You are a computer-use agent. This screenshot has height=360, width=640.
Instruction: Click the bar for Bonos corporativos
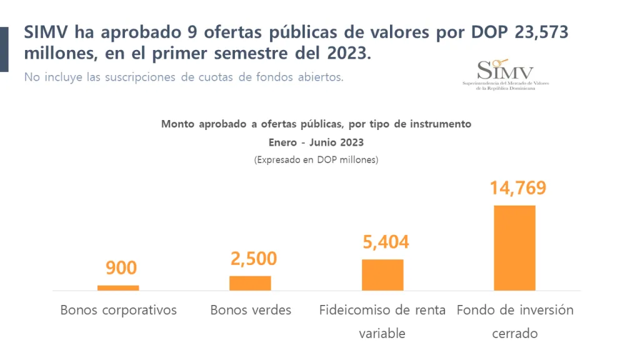click(118, 287)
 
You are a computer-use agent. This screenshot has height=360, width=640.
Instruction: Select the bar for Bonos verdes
click(250, 283)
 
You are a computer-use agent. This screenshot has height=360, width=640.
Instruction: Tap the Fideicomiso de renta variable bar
click(382, 274)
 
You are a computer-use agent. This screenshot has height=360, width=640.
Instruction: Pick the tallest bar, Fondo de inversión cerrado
click(514, 247)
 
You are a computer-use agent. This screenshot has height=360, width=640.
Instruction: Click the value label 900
click(121, 268)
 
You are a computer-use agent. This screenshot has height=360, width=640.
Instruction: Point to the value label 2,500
click(253, 258)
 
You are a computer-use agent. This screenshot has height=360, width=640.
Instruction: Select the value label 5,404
click(386, 242)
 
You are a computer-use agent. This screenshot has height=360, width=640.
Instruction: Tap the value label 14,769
click(517, 187)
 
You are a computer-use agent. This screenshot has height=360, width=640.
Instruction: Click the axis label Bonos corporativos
click(119, 310)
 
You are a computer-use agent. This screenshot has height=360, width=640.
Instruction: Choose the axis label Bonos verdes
click(251, 310)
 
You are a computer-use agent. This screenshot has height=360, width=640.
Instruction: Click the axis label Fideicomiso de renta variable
click(382, 321)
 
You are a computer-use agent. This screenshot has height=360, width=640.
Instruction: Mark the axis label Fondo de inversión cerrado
click(515, 321)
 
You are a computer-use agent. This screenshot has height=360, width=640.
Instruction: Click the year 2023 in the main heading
click(346, 54)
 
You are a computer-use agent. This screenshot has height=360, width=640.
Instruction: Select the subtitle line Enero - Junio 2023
click(316, 142)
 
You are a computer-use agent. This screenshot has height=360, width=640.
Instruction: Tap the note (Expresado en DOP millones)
click(316, 160)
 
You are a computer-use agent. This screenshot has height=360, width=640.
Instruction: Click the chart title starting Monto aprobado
click(316, 124)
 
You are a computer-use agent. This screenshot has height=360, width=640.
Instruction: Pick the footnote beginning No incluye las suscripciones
click(184, 77)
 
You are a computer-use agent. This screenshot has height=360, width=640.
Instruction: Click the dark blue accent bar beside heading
click(4, 49)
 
